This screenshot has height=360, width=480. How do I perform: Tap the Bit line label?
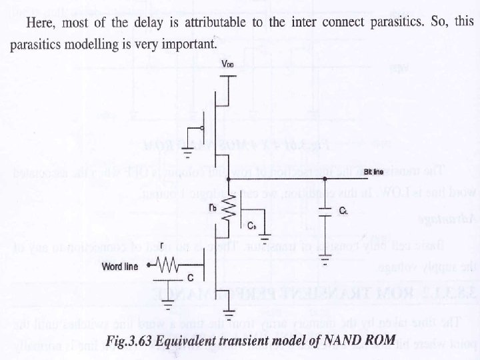(x=374, y=172)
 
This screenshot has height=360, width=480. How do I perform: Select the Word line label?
(x=120, y=267)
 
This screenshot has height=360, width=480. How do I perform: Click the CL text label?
(x=343, y=211)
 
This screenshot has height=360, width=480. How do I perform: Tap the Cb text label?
(x=251, y=227)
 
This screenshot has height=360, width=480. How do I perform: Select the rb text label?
(x=213, y=208)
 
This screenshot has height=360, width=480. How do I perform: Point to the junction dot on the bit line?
(x=325, y=179)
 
